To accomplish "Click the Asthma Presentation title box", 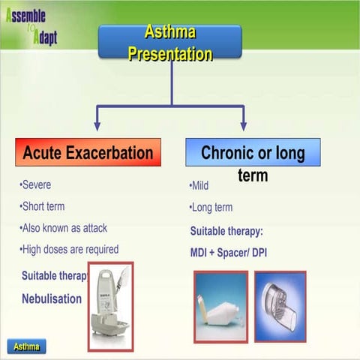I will pyautogui.click(x=170, y=43).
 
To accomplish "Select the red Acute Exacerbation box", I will pyautogui.click(x=88, y=153).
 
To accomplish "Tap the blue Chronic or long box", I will pyautogui.click(x=253, y=153).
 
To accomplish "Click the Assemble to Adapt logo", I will pyautogui.click(x=31, y=26).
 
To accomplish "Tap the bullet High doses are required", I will pyautogui.click(x=68, y=249).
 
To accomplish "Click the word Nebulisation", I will pyautogui.click(x=52, y=298).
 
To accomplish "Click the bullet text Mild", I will pyautogui.click(x=199, y=186).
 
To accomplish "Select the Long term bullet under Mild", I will pyautogui.click(x=211, y=208).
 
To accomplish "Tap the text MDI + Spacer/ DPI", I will pyautogui.click(x=229, y=253).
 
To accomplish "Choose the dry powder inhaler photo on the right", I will pyautogui.click(x=280, y=302).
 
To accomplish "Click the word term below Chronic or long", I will pyautogui.click(x=253, y=175).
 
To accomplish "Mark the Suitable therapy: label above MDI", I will pyautogui.click(x=226, y=231).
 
